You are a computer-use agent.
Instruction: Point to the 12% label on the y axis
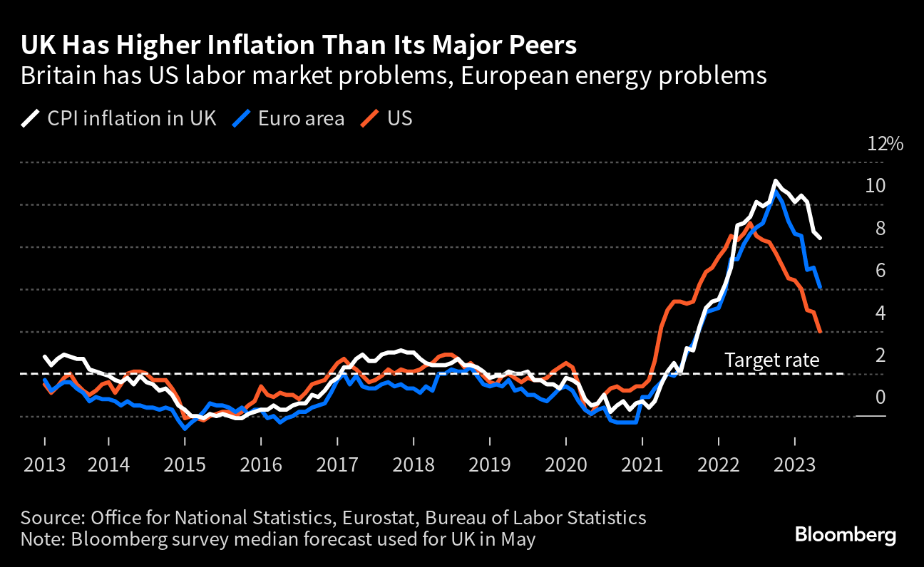tap(885, 144)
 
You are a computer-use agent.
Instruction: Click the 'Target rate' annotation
tap(771, 360)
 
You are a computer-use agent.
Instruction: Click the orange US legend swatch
tap(369, 118)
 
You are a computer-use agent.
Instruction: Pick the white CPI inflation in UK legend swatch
tap(31, 118)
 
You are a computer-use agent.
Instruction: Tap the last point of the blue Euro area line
tap(821, 287)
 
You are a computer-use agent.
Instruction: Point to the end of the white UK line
tap(821, 238)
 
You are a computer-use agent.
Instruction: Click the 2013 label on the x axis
tap(44, 466)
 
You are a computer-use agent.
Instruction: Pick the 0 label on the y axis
tap(880, 397)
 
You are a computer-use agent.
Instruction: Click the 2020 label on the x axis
tap(565, 466)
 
